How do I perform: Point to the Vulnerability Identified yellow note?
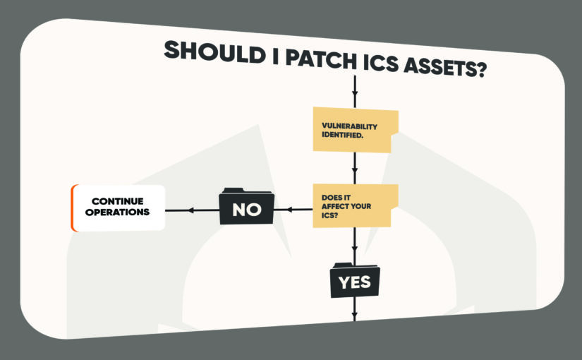pos(355,130)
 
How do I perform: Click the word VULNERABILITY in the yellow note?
pos(350,126)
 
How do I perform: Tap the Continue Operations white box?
pos(118,208)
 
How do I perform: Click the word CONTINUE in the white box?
pos(117,201)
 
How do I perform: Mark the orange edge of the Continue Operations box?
pos(73,208)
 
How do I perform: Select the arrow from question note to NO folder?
pos(291,209)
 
